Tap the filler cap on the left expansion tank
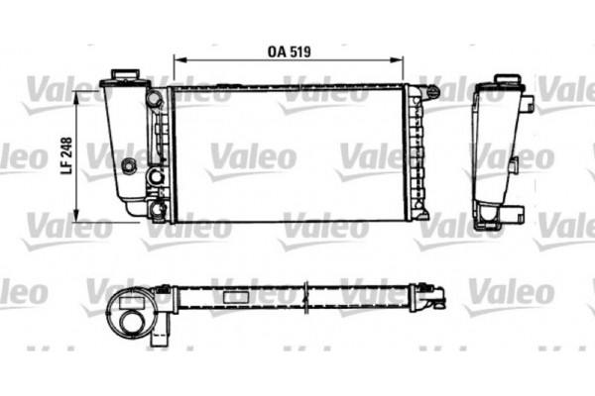click(124, 76)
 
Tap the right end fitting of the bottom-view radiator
click(431, 291)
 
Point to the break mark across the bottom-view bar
click(308, 294)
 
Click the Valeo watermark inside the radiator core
click(252, 155)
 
